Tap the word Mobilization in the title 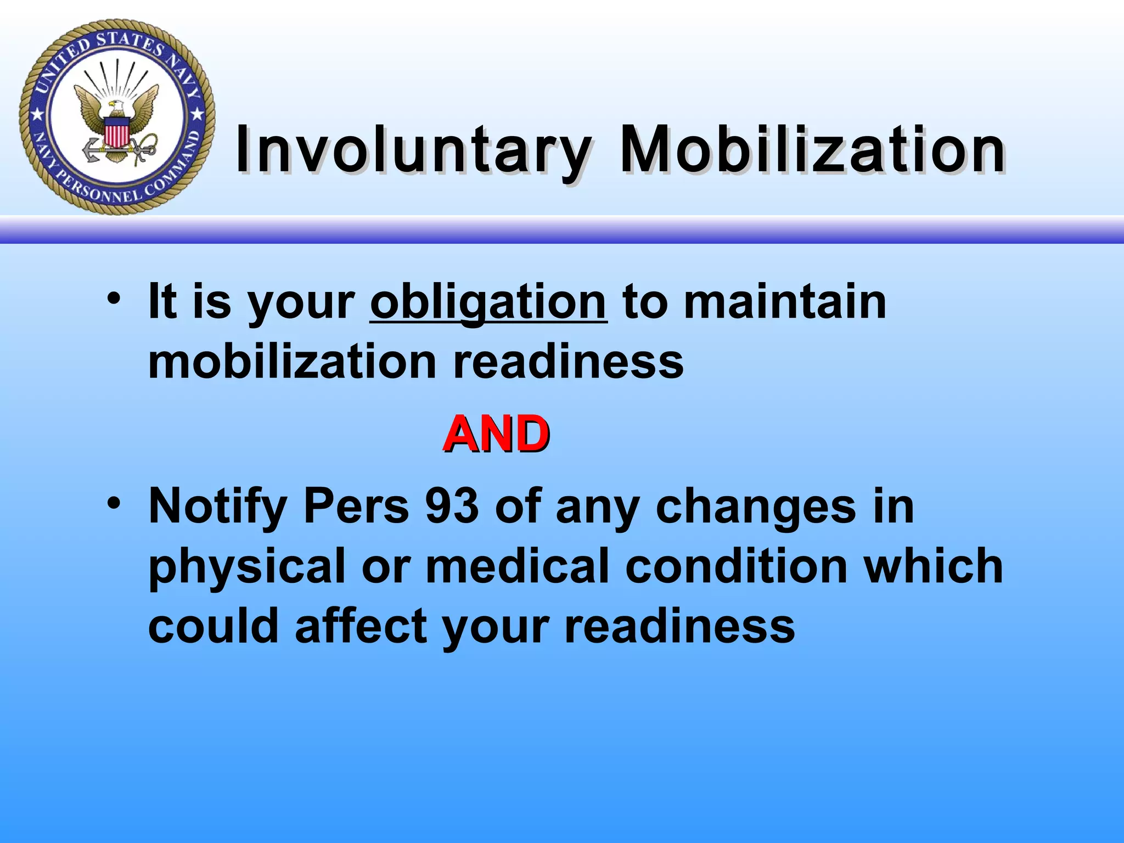pos(812,149)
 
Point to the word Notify pos(217,507)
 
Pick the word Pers pos(356,505)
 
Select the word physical pos(246,567)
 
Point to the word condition pos(736,566)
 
